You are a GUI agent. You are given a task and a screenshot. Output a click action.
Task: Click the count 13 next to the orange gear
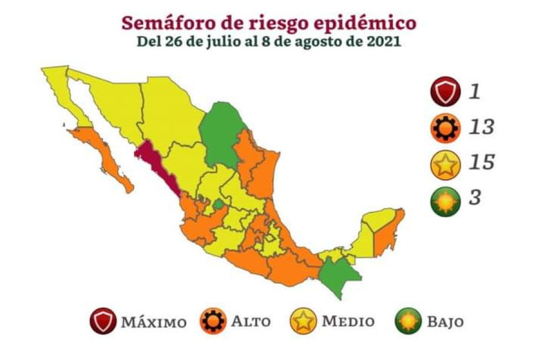481,127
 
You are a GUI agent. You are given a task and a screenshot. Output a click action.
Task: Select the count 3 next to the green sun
475,197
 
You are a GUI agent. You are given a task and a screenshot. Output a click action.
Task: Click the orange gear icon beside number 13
446,128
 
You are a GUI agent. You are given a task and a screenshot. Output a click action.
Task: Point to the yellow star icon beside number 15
446,163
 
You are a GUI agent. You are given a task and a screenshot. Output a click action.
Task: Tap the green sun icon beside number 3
446,198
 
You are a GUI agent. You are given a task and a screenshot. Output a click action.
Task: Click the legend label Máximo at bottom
154,323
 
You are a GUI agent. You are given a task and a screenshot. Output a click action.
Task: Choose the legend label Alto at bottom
251,322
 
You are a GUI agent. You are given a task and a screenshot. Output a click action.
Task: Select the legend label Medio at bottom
347,322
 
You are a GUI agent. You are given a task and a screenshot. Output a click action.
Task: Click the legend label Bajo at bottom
444,322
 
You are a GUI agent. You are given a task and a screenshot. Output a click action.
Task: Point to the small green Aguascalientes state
218,204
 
